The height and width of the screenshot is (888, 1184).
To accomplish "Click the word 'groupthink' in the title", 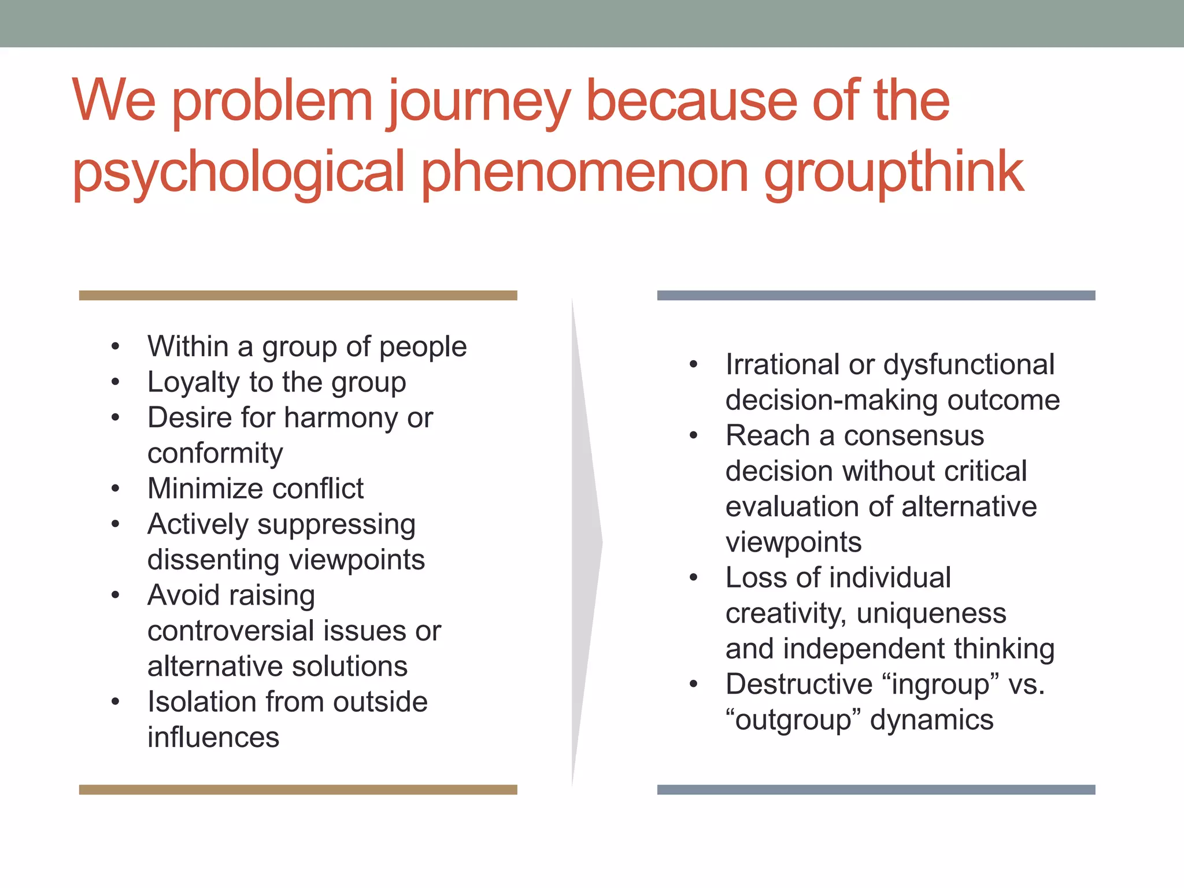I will (x=894, y=172).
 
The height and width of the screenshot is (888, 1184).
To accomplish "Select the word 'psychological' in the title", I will (x=238, y=172).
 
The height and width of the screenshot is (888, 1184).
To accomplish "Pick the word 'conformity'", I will (x=215, y=453).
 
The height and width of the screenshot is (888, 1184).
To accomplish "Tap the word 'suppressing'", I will (x=336, y=525).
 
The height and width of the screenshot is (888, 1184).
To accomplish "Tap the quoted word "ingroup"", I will (x=941, y=684).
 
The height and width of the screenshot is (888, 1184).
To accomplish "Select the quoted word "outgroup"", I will (x=794, y=720).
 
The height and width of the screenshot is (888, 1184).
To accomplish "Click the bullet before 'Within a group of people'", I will (x=116, y=347).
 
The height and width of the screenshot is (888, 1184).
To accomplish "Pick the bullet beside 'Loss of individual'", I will (x=694, y=578).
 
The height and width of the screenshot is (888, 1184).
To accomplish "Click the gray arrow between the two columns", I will (x=585, y=542).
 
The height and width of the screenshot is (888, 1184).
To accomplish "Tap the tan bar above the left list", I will (x=298, y=295).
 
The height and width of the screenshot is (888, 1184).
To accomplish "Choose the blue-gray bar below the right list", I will (x=876, y=790).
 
